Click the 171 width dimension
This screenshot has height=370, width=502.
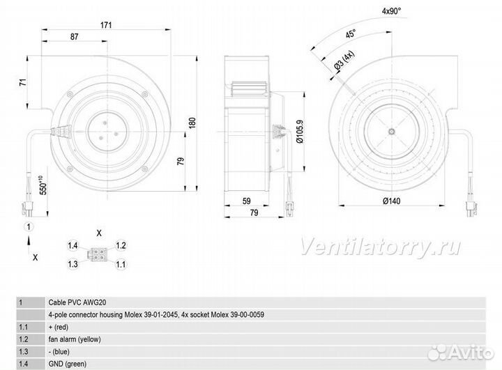pyautogui.click(x=106, y=25)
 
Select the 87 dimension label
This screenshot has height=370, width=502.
pyautogui.click(x=75, y=37)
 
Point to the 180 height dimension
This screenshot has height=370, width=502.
pyautogui.click(x=192, y=123)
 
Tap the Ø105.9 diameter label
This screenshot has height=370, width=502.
pyautogui.click(x=300, y=132)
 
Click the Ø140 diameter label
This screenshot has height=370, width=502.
pyautogui.click(x=392, y=201)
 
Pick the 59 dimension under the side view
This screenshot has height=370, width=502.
pyautogui.click(x=246, y=201)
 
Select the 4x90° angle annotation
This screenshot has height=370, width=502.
pyautogui.click(x=391, y=11)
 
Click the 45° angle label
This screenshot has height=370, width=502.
pyautogui.click(x=351, y=33)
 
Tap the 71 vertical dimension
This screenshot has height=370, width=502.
pyautogui.click(x=23, y=82)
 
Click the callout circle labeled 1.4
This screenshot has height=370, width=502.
pyautogui.click(x=73, y=245)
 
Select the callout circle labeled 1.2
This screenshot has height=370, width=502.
pyautogui.click(x=121, y=245)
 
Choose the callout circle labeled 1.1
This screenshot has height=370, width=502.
pyautogui.click(x=121, y=264)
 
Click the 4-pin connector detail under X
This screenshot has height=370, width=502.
pyautogui.click(x=96, y=254)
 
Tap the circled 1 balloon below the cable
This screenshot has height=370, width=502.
pyautogui.click(x=29, y=227)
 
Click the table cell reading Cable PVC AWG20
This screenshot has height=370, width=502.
pyautogui.click(x=77, y=302)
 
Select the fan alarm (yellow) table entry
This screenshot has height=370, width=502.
pyautogui.click(x=75, y=339)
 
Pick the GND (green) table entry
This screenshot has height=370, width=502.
pyautogui.click(x=68, y=364)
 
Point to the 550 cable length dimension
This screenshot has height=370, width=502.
pyautogui.click(x=43, y=185)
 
